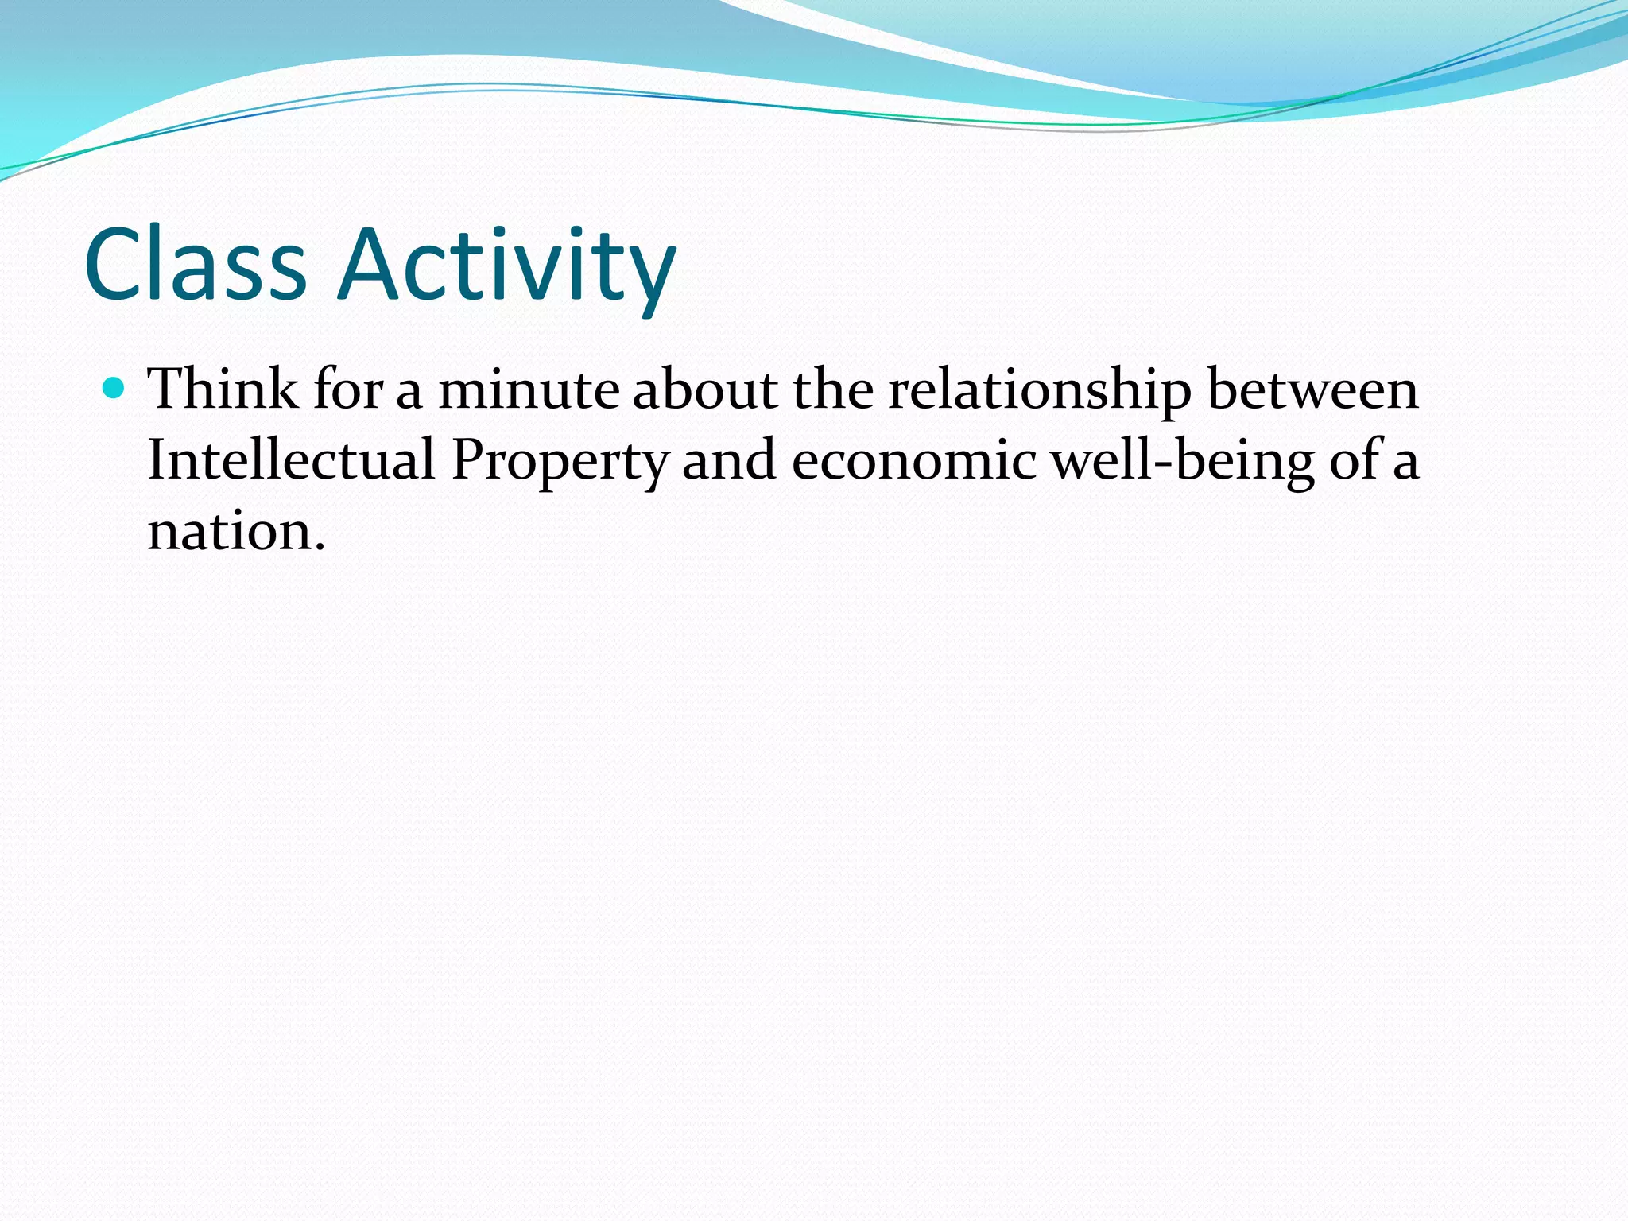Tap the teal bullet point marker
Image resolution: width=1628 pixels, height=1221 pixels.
114,389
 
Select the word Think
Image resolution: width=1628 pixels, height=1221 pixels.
223,390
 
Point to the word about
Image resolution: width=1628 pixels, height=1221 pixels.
705,390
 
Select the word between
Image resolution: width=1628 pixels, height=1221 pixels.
1312,390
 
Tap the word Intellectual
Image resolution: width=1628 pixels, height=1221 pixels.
291,459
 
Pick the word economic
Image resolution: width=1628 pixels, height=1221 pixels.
914,459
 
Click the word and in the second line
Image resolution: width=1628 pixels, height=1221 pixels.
729,459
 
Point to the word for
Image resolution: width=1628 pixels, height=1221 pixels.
347,390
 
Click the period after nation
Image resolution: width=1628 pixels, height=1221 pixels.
320,548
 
